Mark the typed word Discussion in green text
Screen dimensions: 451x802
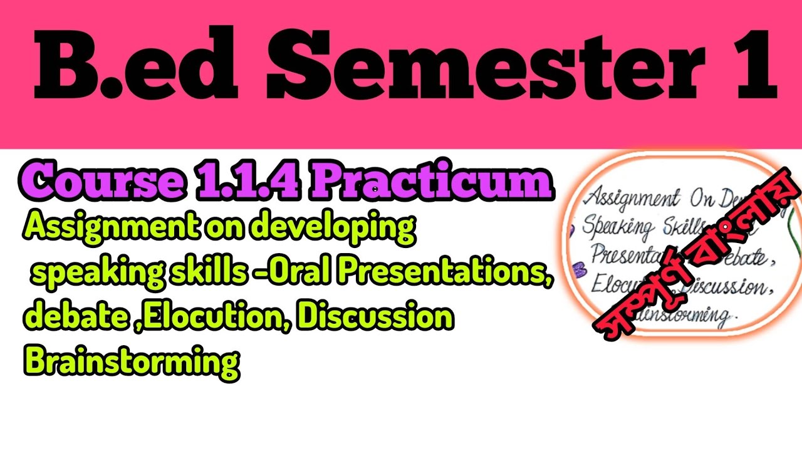[375, 318]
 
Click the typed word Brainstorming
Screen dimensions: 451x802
[132, 361]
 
